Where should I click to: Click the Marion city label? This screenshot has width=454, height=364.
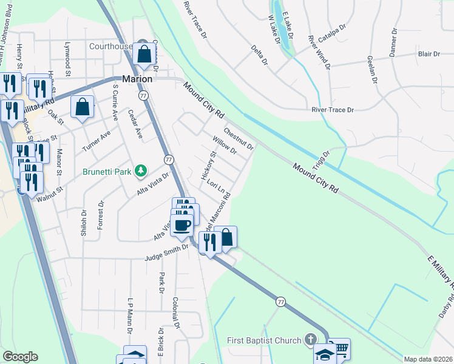click(x=137, y=79)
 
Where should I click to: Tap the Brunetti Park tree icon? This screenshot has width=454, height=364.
click(x=141, y=170)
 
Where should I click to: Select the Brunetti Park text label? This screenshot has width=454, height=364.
click(x=107, y=172)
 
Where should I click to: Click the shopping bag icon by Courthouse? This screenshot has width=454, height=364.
click(x=144, y=55)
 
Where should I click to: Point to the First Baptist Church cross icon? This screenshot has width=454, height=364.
click(x=311, y=340)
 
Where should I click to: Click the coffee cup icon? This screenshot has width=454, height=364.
click(x=181, y=226)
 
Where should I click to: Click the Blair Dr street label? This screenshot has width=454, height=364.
click(x=429, y=54)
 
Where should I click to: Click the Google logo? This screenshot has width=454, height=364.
click(x=21, y=357)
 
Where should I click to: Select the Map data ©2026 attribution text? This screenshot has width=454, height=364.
click(x=428, y=359)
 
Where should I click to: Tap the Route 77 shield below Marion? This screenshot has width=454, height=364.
click(x=143, y=96)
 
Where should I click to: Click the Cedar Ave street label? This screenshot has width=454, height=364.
click(x=135, y=124)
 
